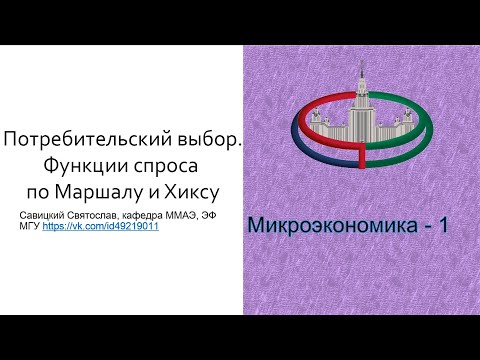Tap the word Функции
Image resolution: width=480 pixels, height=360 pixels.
point(86,166)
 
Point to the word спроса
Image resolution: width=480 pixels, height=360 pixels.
point(166,167)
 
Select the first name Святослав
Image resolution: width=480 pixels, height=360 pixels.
point(91,215)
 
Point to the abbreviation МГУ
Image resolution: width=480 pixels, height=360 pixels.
point(30,226)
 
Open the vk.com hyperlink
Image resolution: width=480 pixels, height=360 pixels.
point(100,226)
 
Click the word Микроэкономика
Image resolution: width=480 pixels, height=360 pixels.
point(332,225)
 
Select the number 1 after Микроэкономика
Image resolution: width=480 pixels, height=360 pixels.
point(443,225)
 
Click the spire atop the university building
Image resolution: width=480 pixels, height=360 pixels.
point(362,68)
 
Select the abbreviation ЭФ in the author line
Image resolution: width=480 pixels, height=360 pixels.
point(208,215)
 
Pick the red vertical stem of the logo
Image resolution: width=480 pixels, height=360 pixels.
point(362,157)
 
